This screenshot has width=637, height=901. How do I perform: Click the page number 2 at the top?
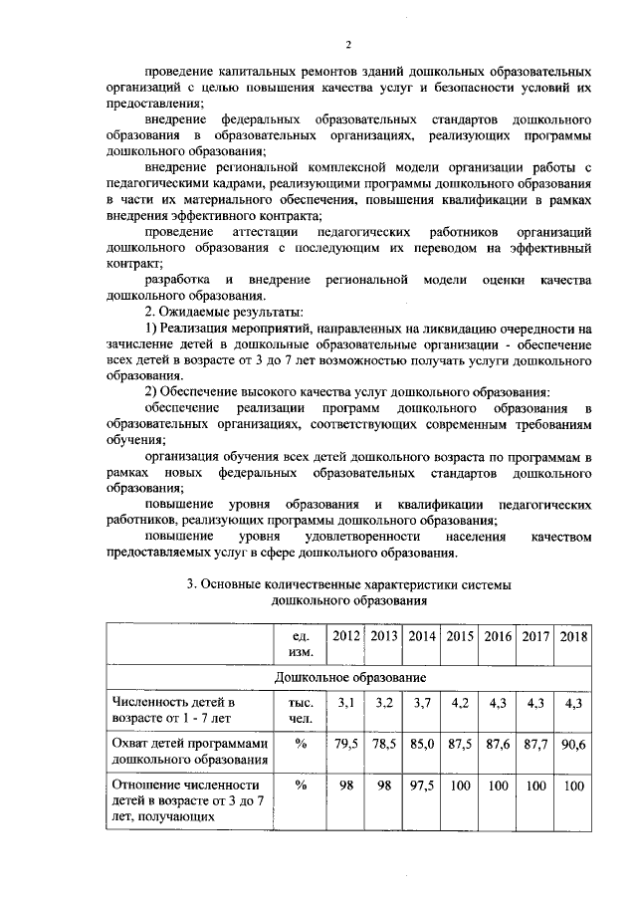tap(348, 45)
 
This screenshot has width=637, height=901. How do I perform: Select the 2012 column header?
tap(346, 635)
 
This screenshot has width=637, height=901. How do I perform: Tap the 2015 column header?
tap(459, 635)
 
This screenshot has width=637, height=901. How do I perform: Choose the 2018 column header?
tap(571, 635)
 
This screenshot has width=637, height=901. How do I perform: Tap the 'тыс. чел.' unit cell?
tap(300, 710)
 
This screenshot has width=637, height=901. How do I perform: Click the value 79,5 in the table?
tap(346, 742)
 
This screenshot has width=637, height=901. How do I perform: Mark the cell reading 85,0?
tap(421, 742)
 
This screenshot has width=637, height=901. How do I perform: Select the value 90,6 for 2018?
tap(571, 742)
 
